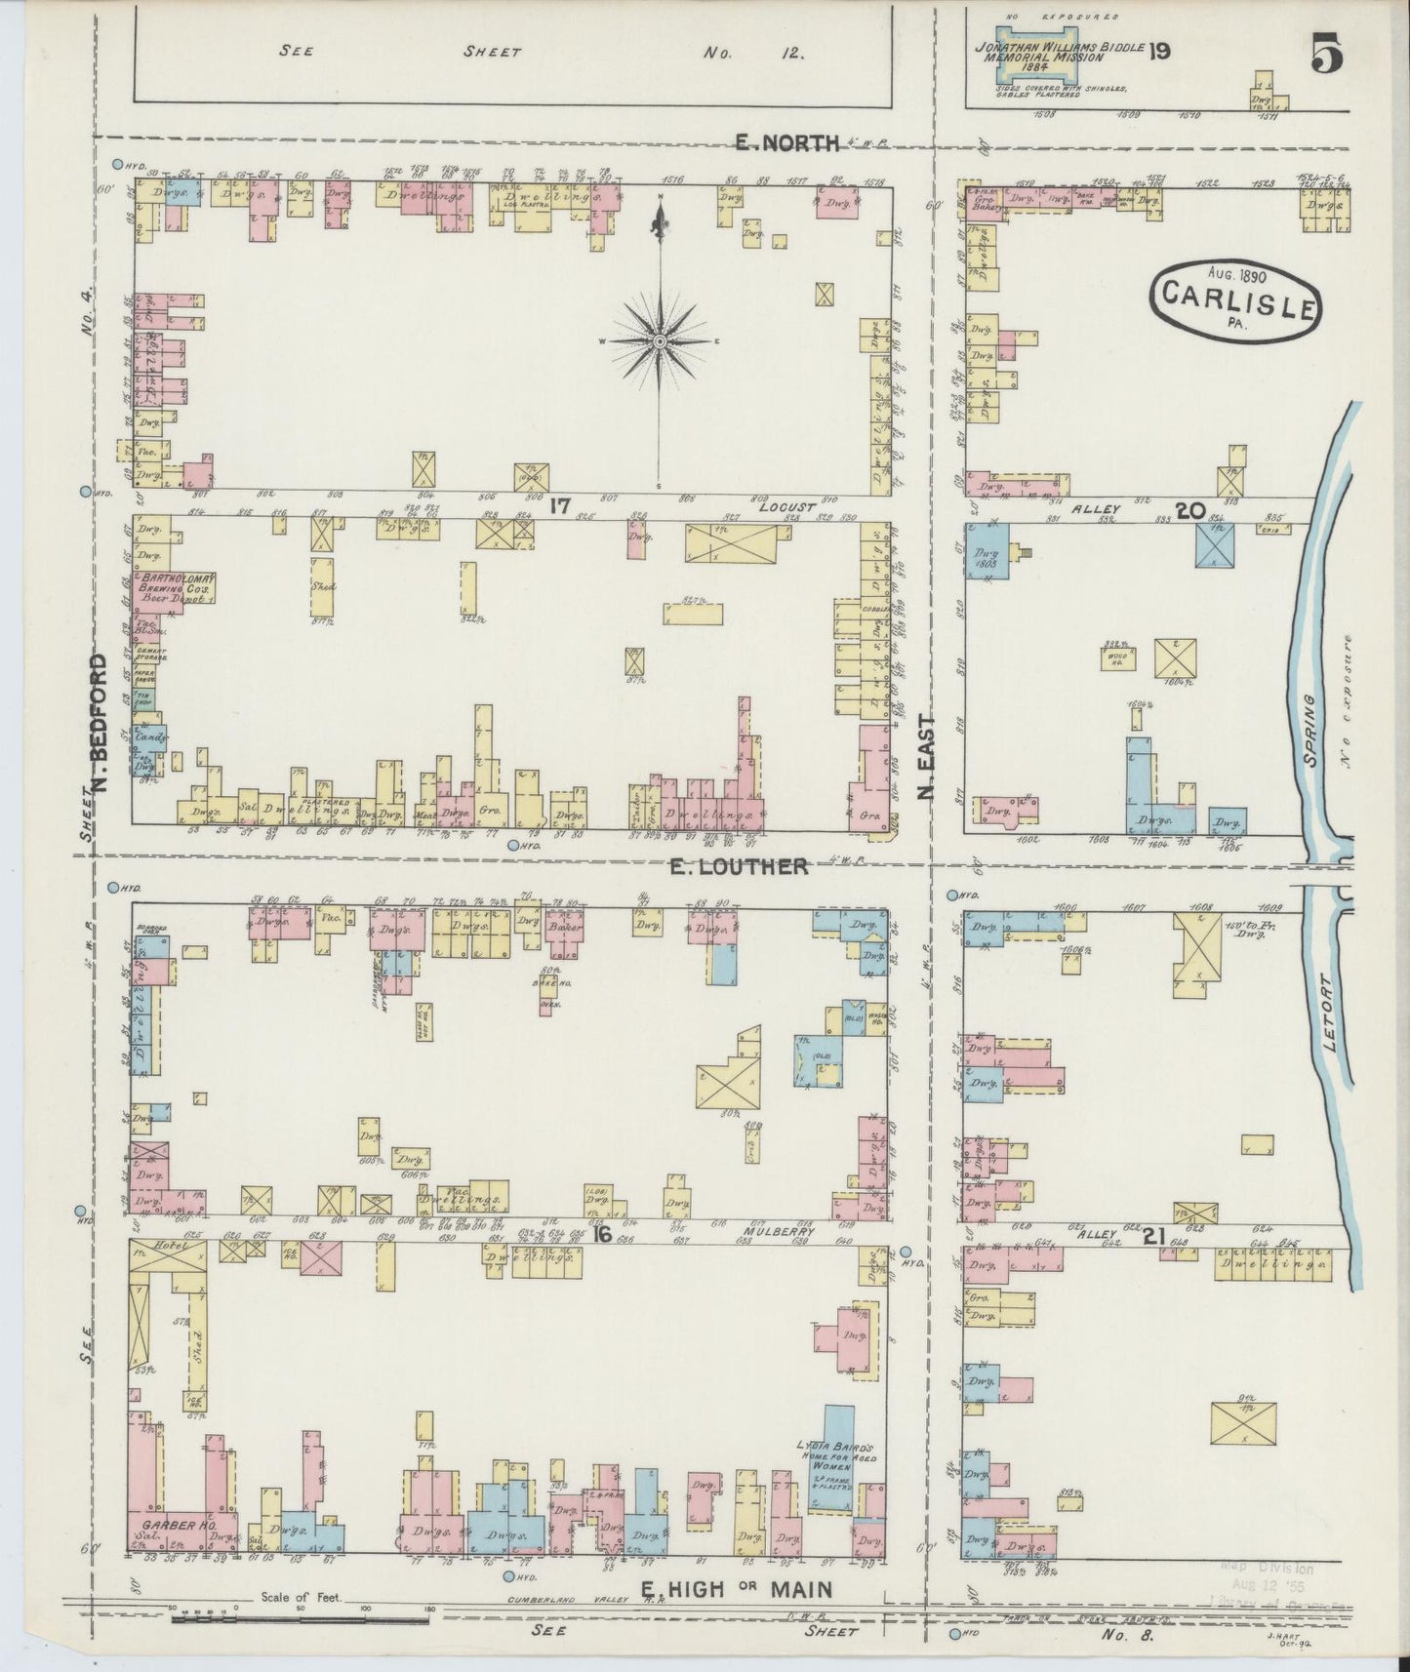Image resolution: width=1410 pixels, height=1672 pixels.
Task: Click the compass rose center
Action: click(x=661, y=340)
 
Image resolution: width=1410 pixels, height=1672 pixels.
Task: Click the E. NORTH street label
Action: click(x=787, y=143)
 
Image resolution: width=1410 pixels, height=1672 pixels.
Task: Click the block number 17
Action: click(x=559, y=506)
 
